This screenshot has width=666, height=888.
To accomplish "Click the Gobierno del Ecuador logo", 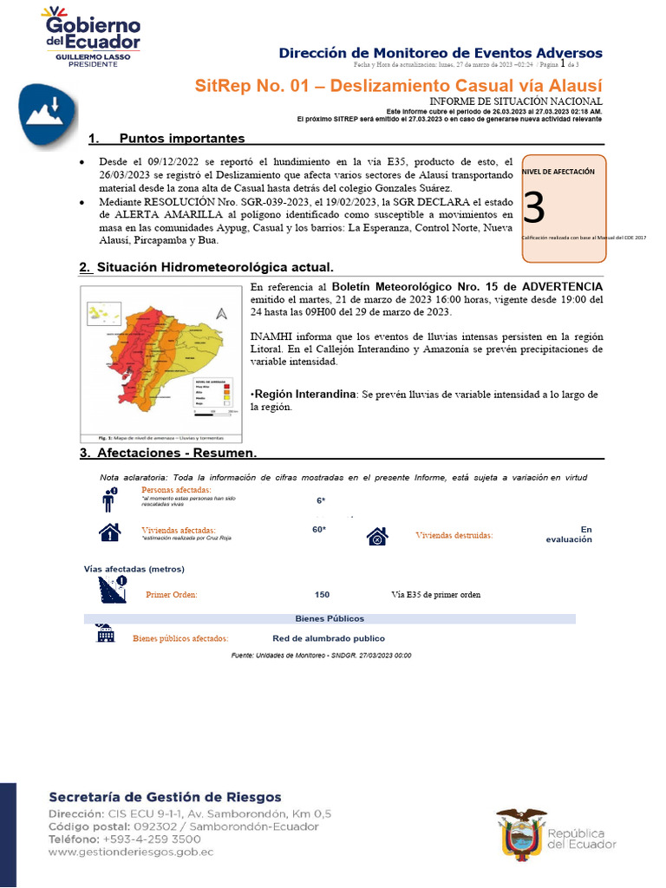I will click(x=91, y=36).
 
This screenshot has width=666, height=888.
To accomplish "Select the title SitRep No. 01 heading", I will click(x=397, y=86).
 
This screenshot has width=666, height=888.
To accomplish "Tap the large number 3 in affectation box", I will click(x=535, y=208).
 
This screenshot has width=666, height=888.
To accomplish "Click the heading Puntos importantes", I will click(x=181, y=139).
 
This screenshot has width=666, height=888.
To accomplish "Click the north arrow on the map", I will click(x=221, y=314).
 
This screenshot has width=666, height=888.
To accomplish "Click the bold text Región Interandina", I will click(x=304, y=395).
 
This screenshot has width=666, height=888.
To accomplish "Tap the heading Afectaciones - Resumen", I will click(x=176, y=454).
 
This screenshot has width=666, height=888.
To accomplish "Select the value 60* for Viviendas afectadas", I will click(x=319, y=530).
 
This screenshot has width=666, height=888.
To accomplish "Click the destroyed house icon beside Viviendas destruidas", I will click(x=376, y=537).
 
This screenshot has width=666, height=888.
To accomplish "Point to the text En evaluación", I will click(x=569, y=534).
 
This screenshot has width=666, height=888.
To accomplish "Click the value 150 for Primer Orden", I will click(x=322, y=595).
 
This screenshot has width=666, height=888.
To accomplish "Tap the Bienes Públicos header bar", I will click(x=330, y=618).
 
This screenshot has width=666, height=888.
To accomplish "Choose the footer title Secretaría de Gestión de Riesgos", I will click(x=165, y=797).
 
